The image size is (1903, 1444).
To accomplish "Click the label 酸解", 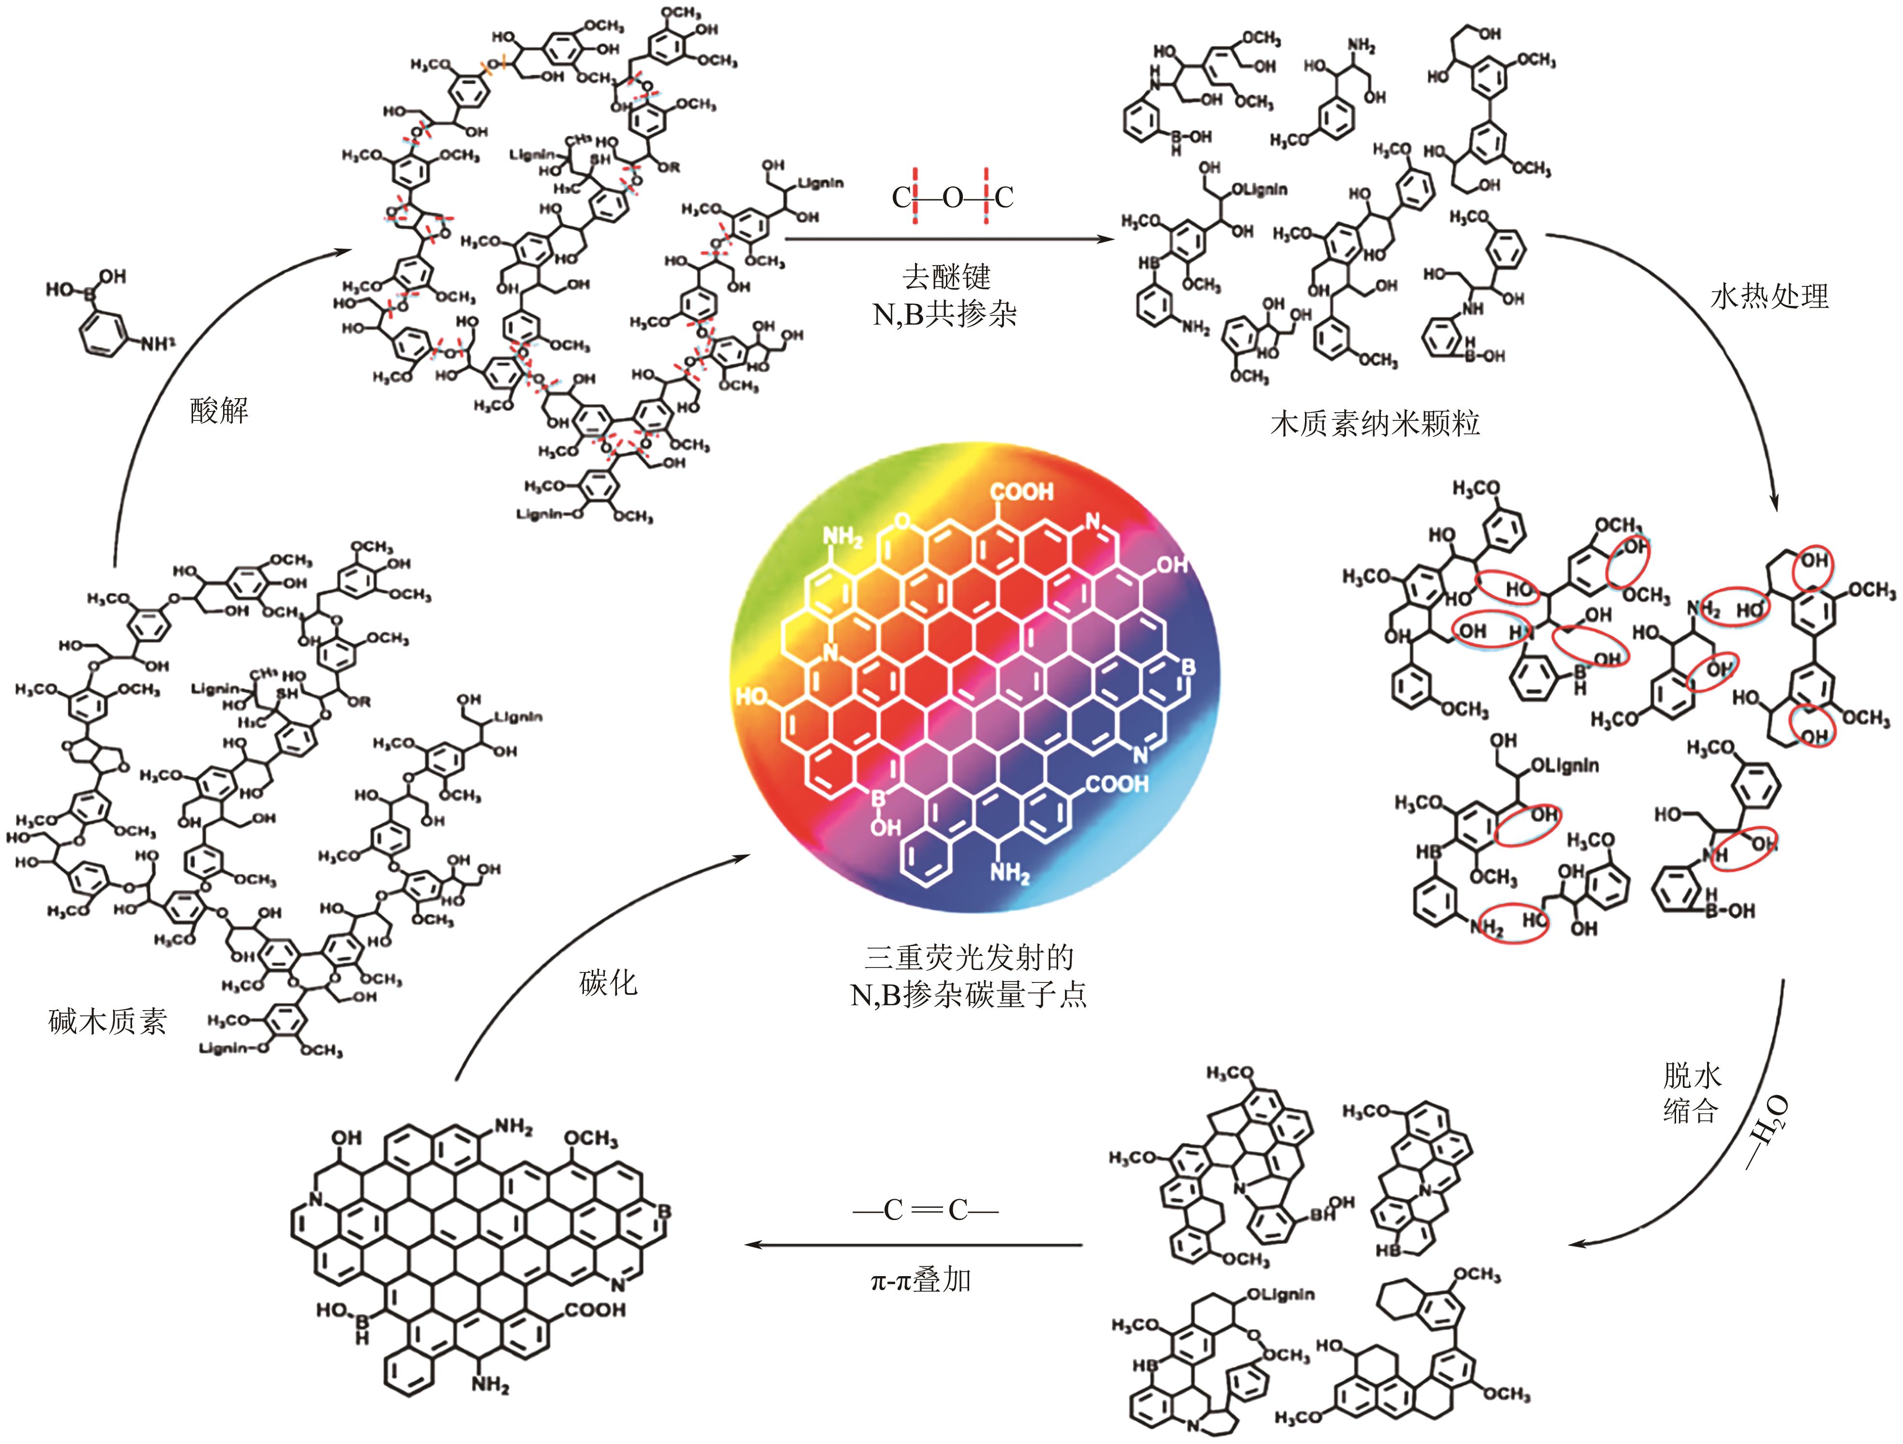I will [x=219, y=411].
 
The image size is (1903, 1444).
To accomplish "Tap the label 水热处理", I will [x=1769, y=297].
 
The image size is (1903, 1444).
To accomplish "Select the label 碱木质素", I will [x=107, y=1022].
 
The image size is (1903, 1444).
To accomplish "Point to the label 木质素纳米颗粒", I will [x=1375, y=424].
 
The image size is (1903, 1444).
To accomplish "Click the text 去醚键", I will [x=946, y=277].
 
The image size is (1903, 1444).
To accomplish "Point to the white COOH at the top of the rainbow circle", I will [x=1021, y=492].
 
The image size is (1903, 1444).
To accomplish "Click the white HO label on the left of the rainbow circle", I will [x=752, y=696].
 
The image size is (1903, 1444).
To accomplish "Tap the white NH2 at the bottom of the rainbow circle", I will [x=1009, y=874].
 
